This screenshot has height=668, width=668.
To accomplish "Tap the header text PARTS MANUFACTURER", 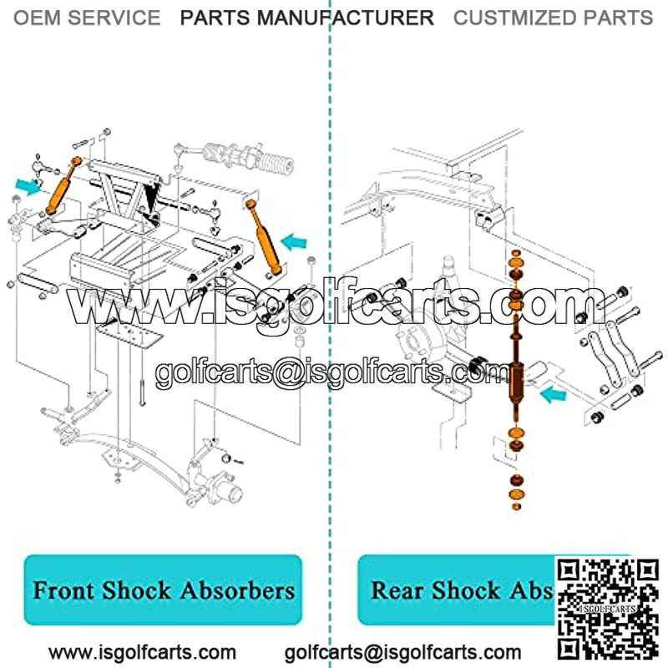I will pos(306,18).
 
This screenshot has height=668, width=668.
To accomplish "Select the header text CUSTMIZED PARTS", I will pos(553,18).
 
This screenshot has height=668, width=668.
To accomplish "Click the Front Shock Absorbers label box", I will pos(164,590).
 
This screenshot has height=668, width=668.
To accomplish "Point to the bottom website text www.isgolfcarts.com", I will pos(142,652).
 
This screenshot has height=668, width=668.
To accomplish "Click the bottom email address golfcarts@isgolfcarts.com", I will pos(403,652).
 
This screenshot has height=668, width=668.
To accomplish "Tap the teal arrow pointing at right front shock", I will pos(294,243).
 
